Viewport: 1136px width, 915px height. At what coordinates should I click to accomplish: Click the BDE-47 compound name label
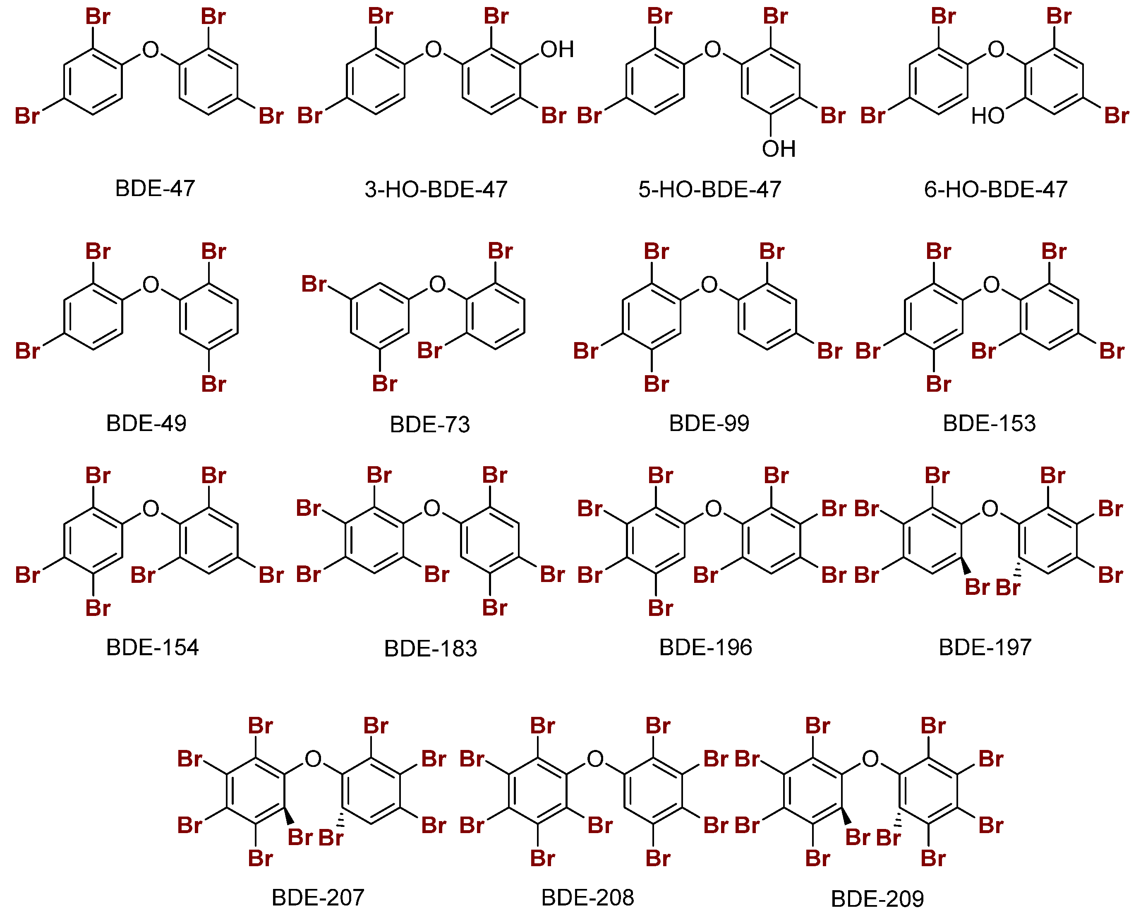point(155,188)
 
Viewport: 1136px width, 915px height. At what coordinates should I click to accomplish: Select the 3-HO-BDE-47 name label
point(436,189)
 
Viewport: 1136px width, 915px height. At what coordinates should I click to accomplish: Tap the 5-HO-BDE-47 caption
point(709,189)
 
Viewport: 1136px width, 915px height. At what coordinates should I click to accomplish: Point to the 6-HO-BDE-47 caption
point(996,189)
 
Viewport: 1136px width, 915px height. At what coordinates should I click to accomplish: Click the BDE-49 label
point(146,423)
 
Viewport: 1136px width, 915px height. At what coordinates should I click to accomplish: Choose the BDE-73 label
point(430,424)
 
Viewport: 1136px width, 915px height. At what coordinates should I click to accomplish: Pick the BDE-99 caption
point(709,423)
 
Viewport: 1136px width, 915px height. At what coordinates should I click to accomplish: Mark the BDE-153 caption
point(990,423)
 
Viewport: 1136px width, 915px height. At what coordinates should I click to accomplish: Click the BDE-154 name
point(152,647)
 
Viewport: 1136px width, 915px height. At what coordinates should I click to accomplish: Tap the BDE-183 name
point(430,648)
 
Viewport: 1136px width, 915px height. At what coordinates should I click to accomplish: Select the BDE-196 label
point(705,647)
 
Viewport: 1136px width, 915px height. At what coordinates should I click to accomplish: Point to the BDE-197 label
point(985,647)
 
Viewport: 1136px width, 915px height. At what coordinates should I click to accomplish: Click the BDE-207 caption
point(318,898)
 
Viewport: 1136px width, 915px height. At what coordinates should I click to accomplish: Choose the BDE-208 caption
point(588,898)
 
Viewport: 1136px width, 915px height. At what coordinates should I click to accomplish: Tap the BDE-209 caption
point(878,898)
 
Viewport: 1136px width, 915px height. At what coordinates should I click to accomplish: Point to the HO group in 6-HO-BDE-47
point(988,115)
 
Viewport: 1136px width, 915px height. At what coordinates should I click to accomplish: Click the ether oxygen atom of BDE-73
point(438,284)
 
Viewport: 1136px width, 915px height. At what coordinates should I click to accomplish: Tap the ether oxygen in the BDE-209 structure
point(870,759)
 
